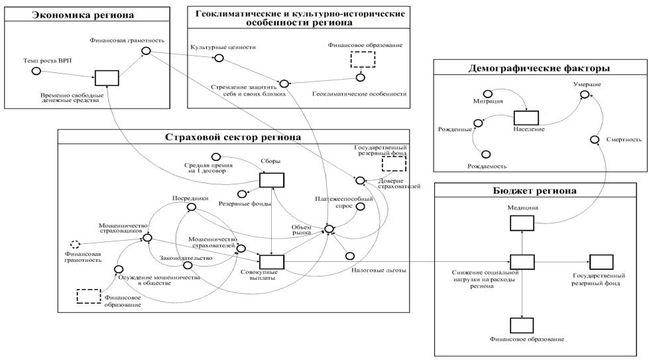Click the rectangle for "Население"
point(524,117)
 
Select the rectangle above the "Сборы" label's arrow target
point(272,180)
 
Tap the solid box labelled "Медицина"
point(522,224)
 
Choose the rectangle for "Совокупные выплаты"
point(272,262)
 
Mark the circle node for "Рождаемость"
point(487,154)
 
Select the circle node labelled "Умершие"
point(585,95)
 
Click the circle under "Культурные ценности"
point(219,58)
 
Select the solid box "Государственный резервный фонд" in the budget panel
point(601,262)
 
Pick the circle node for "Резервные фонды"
point(242,193)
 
